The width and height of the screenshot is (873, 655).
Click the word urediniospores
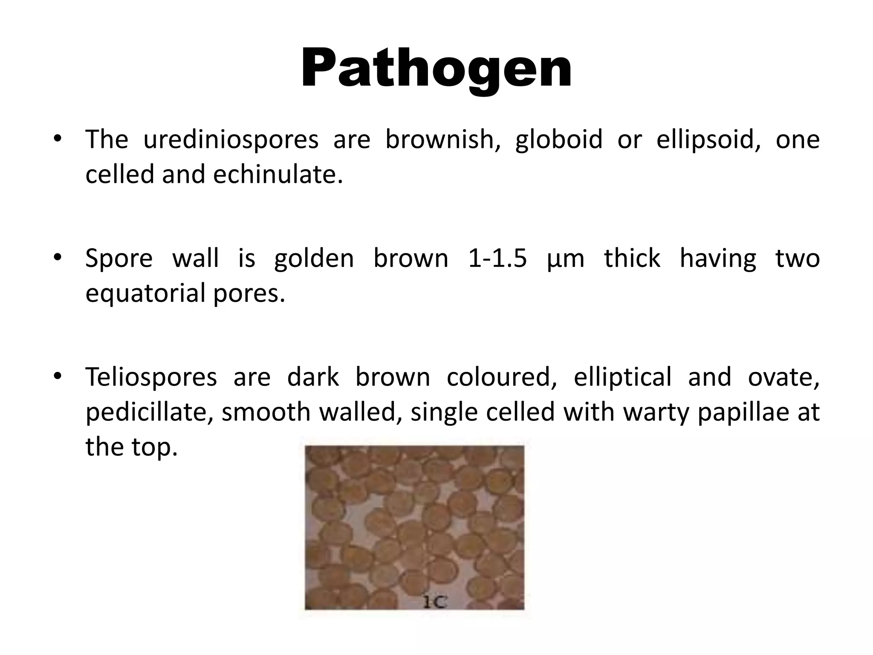pos(231,139)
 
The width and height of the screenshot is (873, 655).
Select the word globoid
pos(559,139)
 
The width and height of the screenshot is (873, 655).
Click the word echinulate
pos(278,174)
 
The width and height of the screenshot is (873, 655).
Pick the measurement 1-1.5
pos(497,258)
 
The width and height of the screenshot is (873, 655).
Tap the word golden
pos(314,258)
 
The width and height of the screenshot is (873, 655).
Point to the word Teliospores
pos(151,377)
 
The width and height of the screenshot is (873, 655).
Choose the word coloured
pos(501,377)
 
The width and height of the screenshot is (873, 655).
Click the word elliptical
pos(622,377)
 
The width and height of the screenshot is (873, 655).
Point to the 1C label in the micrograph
pos(434,602)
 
